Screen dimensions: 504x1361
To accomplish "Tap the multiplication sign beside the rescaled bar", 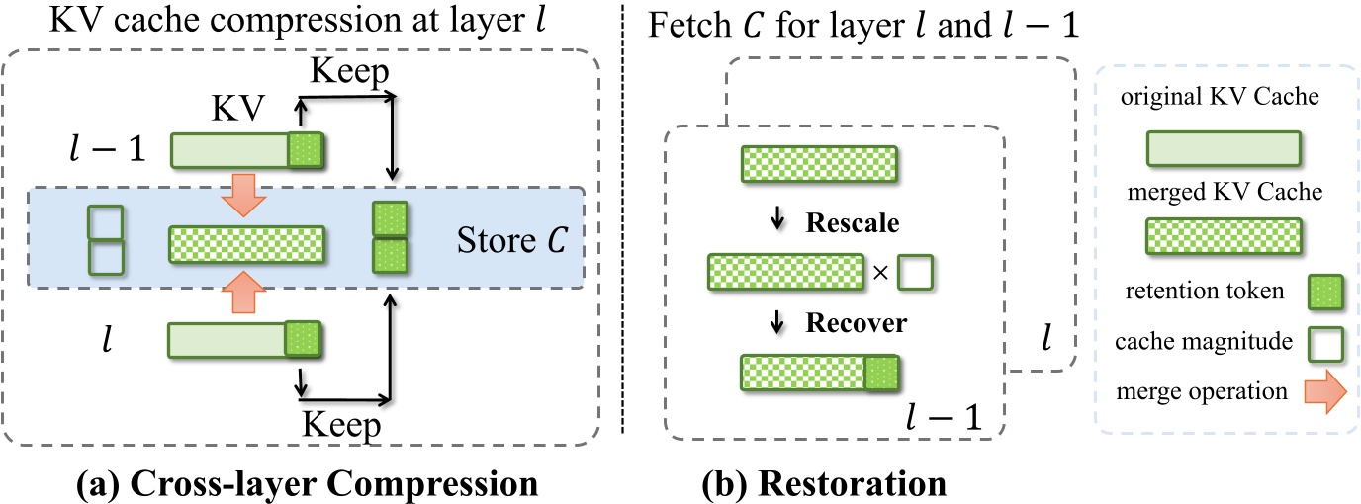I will point(880,271).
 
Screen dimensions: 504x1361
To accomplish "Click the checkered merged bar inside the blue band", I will point(246,242).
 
